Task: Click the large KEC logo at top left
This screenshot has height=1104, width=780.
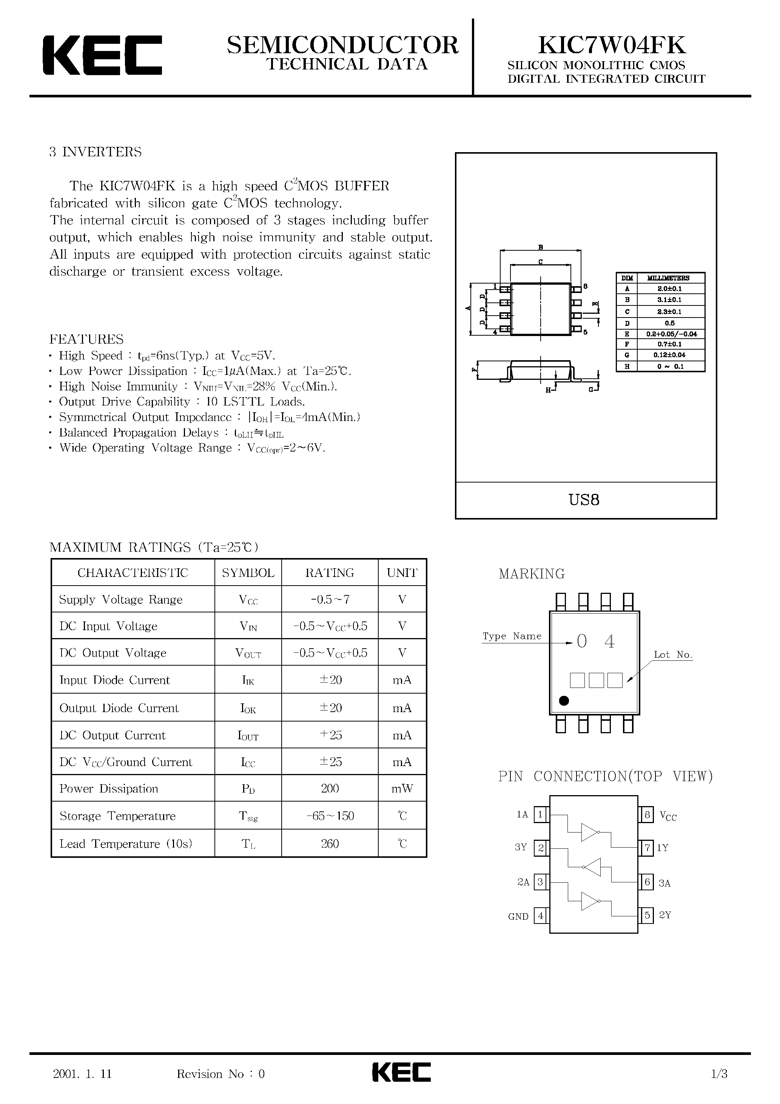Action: [102, 55]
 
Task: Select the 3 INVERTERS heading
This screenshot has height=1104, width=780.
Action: [95, 152]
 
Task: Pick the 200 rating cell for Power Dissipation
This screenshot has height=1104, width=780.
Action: [330, 789]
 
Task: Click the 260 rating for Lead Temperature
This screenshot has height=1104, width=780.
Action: [330, 844]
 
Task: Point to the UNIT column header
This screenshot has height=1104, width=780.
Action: [402, 573]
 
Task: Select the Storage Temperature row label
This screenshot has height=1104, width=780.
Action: [117, 816]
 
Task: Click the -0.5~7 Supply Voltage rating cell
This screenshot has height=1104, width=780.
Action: [330, 600]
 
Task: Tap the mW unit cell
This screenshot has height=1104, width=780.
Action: [402, 789]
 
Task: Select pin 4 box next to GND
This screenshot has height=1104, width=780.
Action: [541, 916]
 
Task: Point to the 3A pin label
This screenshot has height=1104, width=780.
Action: [664, 883]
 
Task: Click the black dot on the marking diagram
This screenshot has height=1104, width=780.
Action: [564, 701]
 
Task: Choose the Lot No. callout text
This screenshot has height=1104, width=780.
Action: [672, 654]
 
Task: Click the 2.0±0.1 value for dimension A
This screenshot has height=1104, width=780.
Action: [669, 288]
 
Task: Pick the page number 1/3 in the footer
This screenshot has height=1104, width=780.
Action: [719, 1074]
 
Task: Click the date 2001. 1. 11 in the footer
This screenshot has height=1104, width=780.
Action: [82, 1074]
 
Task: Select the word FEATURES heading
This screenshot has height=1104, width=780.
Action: [86, 339]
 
